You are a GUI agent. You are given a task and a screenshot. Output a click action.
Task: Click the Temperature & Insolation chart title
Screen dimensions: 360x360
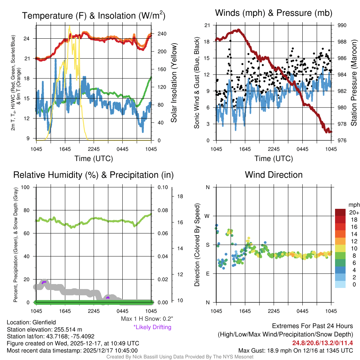94,15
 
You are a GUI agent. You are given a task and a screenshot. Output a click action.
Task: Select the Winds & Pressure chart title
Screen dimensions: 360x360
274,13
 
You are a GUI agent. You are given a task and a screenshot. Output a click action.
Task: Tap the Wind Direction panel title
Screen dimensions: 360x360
274,175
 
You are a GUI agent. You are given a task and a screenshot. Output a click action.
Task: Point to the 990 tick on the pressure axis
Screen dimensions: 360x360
342,25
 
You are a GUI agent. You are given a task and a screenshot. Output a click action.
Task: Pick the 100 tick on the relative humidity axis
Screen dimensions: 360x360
26,187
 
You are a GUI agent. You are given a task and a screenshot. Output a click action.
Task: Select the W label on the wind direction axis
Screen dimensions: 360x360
207,216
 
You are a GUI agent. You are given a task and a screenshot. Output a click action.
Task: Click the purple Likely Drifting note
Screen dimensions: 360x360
152,327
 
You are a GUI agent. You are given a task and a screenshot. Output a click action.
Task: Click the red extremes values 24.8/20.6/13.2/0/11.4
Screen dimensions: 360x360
322,343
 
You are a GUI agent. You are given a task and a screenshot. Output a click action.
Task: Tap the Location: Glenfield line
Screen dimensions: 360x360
31,322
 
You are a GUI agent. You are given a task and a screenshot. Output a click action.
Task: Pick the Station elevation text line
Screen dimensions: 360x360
44,329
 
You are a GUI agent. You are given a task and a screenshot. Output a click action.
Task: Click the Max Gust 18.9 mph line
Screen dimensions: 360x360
295,350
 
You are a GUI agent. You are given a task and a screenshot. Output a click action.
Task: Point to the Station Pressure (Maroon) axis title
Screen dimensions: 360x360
354,83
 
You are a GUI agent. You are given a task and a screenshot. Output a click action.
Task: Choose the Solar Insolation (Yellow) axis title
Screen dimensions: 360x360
174,83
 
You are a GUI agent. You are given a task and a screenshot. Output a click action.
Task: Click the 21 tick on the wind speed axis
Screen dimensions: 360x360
207,25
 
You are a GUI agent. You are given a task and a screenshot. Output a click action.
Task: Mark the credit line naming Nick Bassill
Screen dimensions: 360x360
180,357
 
